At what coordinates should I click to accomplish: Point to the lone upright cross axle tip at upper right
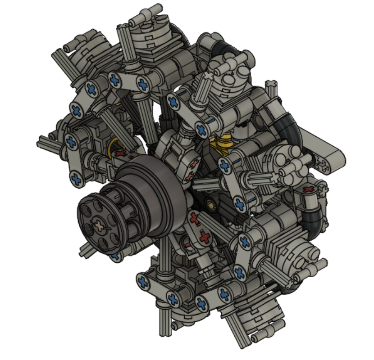click(271, 86)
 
